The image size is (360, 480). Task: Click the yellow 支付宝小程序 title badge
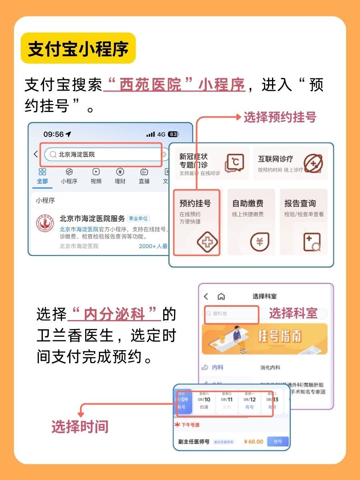click(x=78, y=48)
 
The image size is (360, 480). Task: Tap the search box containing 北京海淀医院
click(x=103, y=154)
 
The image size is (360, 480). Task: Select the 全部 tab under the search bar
click(x=42, y=176)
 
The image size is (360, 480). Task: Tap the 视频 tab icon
click(x=96, y=176)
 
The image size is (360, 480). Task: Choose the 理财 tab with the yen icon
click(x=120, y=176)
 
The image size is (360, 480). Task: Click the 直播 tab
click(x=144, y=176)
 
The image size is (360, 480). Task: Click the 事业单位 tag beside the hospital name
click(x=138, y=218)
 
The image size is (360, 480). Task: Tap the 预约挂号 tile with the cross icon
click(x=197, y=222)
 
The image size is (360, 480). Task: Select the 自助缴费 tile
click(x=251, y=222)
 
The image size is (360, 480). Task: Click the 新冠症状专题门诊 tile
click(x=211, y=163)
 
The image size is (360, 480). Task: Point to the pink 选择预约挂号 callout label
click(x=280, y=117)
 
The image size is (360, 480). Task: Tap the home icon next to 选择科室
click(x=221, y=296)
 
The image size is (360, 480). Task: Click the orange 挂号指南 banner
click(x=264, y=339)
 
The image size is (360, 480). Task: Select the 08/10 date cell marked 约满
click(x=204, y=402)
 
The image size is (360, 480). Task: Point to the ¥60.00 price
click(x=254, y=442)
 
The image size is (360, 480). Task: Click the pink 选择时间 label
click(x=80, y=427)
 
